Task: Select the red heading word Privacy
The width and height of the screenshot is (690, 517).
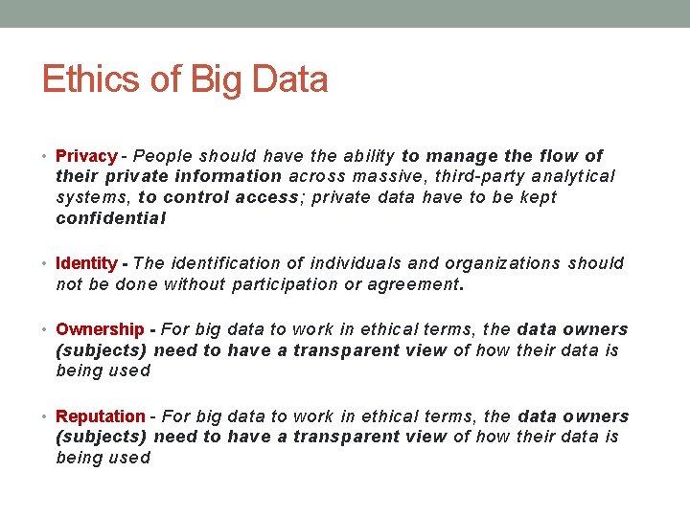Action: click(86, 156)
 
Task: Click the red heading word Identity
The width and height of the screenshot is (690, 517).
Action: click(86, 263)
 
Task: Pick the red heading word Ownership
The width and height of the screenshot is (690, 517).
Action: click(100, 329)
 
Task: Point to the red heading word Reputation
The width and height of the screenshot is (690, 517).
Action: click(101, 416)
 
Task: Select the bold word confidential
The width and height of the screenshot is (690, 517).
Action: click(111, 218)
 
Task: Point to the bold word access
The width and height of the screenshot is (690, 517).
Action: click(264, 197)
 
